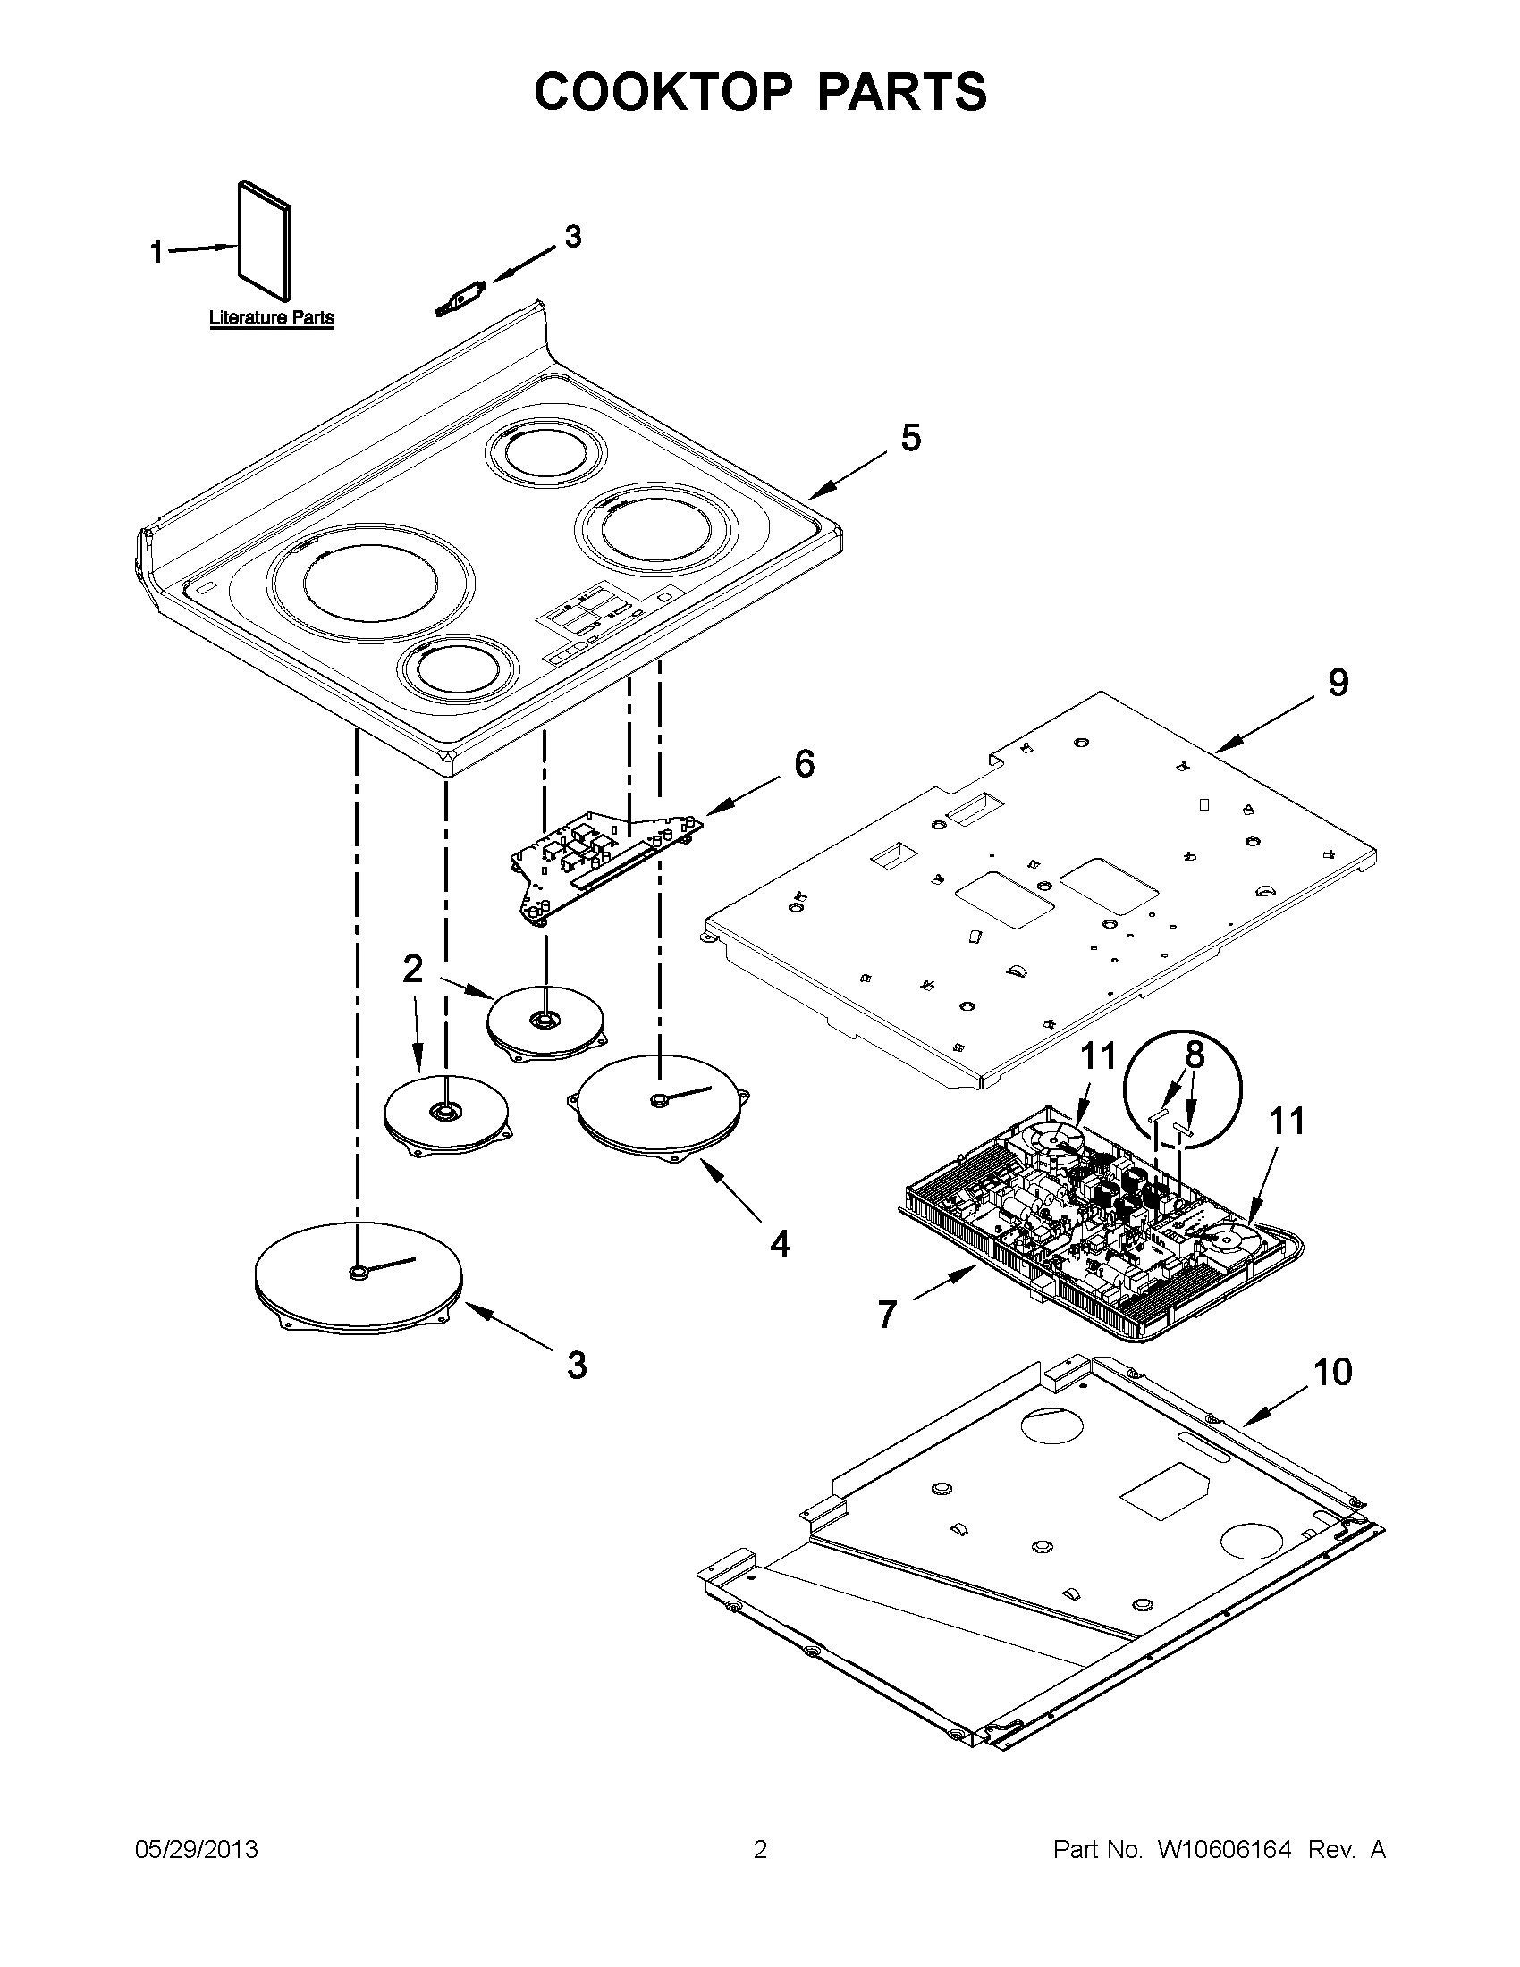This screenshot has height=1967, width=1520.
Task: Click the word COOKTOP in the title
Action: coord(663,92)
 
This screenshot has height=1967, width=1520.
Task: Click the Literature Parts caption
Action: coord(271,318)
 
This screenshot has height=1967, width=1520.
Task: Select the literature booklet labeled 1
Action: coord(266,241)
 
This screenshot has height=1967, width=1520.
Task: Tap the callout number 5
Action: coord(910,438)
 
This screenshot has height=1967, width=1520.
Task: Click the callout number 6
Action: coord(804,765)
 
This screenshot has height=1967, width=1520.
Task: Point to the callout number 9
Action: coord(1338,684)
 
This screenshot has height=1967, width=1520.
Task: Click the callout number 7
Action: coord(888,1316)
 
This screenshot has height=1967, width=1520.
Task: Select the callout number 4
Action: coord(780,1245)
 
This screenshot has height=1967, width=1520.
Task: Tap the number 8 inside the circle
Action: coord(1195,1055)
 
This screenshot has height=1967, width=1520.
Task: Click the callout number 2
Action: coord(412,970)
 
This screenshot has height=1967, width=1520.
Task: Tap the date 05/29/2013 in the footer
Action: coord(197,1850)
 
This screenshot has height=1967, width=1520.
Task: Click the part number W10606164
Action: coord(1223,1850)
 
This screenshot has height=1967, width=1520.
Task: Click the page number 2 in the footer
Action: coord(759,1850)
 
